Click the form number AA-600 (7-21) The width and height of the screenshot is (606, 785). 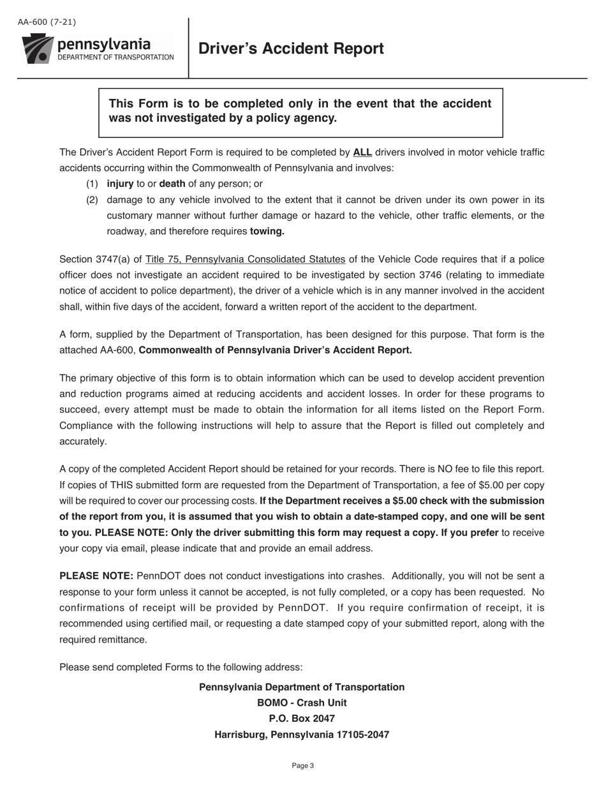pyautogui.click(x=47, y=22)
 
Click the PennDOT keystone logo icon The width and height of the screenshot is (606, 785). pyautogui.click(x=38, y=49)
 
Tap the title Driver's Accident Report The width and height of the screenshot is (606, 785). pyautogui.click(x=291, y=49)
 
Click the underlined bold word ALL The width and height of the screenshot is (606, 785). pyautogui.click(x=362, y=153)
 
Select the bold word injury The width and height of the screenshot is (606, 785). pyautogui.click(x=120, y=184)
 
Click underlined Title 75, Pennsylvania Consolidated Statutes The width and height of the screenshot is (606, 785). pyautogui.click(x=246, y=259)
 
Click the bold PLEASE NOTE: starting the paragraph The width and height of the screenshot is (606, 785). pyautogui.click(x=96, y=576)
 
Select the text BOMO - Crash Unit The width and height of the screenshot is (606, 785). pyautogui.click(x=302, y=703)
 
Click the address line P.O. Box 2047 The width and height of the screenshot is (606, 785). pyautogui.click(x=302, y=719)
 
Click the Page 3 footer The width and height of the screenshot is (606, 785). pyautogui.click(x=303, y=766)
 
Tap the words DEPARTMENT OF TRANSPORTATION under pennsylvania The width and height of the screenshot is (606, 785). pyautogui.click(x=115, y=57)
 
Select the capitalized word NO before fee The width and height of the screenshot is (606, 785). pyautogui.click(x=400, y=469)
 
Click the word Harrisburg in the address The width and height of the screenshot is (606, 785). pyautogui.click(x=240, y=735)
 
